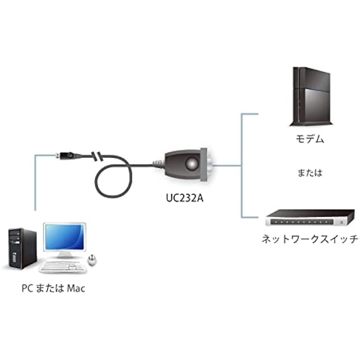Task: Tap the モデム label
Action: (x=309, y=140)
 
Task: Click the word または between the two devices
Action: (x=309, y=173)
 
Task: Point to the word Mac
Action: (x=76, y=289)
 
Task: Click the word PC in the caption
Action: (x=28, y=289)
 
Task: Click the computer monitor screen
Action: (x=64, y=237)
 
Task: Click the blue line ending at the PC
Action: (x=35, y=180)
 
